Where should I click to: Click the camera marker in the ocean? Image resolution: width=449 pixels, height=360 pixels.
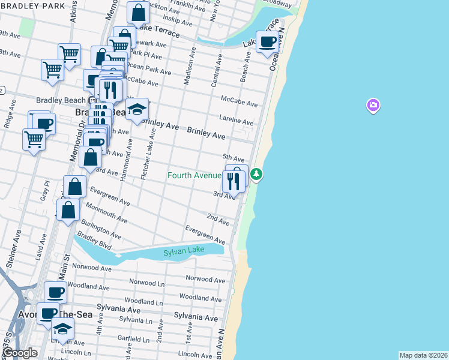373,106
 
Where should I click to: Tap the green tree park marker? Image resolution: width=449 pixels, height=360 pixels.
257,174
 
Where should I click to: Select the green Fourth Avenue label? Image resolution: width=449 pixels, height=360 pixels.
194,176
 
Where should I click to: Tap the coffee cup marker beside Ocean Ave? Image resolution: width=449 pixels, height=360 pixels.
268,42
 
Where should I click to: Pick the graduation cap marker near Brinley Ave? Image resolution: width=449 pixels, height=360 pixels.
137,110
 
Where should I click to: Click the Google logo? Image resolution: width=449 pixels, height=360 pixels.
19,353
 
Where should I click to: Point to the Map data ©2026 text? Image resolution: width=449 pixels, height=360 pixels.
423,355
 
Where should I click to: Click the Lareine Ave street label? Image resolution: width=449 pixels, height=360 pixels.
237,121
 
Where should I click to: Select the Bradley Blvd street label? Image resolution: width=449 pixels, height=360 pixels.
94,240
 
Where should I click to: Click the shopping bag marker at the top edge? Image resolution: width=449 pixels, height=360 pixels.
138,12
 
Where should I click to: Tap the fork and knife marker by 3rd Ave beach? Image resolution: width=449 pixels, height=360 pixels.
233,181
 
